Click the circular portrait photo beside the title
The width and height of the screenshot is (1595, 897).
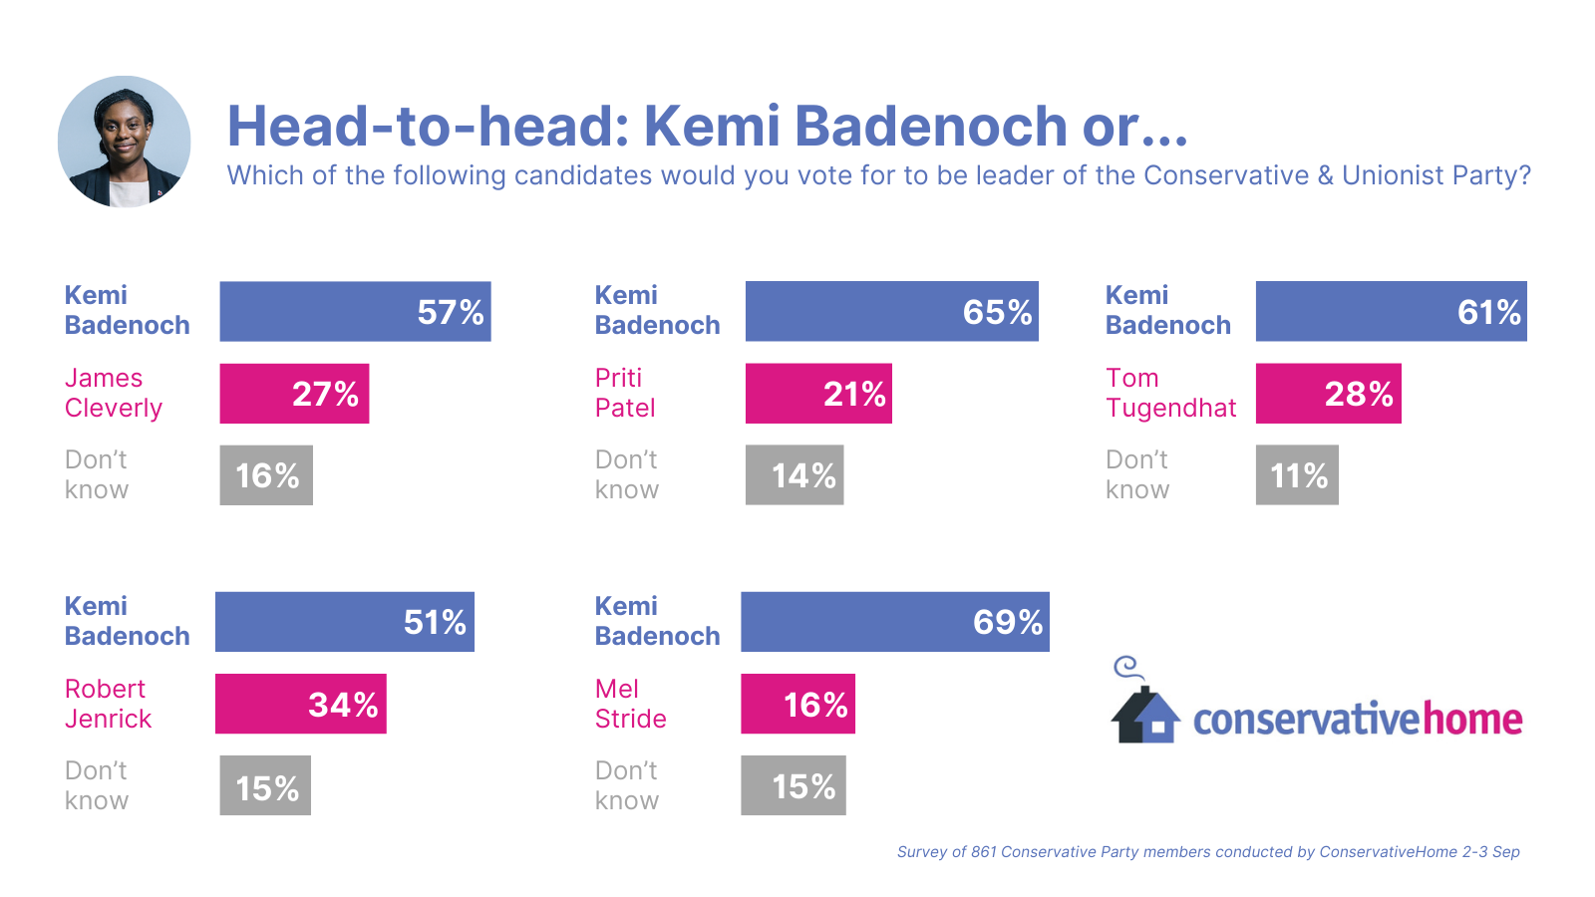tap(124, 142)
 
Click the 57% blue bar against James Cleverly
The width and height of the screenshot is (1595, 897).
tap(355, 311)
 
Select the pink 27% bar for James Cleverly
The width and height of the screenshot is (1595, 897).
tap(294, 393)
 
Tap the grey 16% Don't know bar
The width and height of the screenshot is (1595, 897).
tap(266, 475)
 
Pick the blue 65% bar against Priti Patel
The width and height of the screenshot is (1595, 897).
tap(891, 311)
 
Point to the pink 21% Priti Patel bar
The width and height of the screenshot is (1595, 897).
tap(818, 393)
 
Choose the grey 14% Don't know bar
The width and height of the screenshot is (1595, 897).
tap(795, 475)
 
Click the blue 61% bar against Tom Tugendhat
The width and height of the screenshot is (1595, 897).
tap(1391, 311)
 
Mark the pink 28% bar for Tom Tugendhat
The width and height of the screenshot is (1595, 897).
tap(1328, 393)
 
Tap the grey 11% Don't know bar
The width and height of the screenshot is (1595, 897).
tap(1297, 475)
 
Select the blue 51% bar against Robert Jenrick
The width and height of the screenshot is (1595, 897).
tap(344, 622)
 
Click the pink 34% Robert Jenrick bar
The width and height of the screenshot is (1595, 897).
tap(300, 704)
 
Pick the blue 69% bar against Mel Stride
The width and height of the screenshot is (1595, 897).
tap(894, 622)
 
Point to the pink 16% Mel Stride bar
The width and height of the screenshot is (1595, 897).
tap(797, 704)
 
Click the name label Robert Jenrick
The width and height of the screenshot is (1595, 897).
tap(108, 704)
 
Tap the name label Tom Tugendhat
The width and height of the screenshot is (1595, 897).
tap(1170, 393)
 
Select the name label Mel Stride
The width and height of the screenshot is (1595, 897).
tap(630, 704)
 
